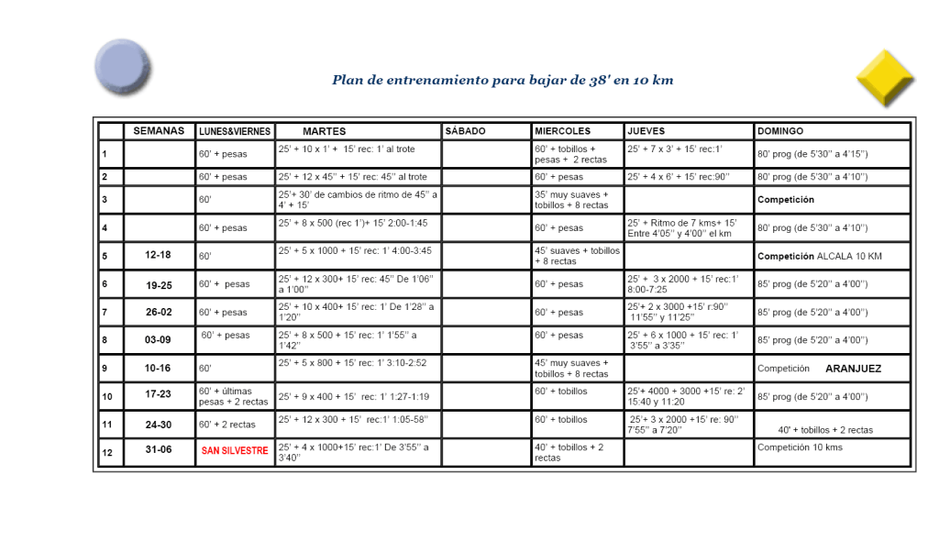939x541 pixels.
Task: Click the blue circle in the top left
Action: pyautogui.click(x=122, y=67)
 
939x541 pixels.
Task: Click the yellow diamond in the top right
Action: pyautogui.click(x=885, y=79)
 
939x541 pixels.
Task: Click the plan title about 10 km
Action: pyautogui.click(x=503, y=80)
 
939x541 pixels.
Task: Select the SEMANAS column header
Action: pyautogui.click(x=159, y=131)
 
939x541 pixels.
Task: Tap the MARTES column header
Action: pyautogui.click(x=324, y=131)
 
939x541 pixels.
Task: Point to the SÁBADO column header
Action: pyautogui.click(x=465, y=131)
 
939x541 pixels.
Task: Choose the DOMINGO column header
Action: pyautogui.click(x=780, y=131)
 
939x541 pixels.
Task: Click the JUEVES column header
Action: pyautogui.click(x=646, y=131)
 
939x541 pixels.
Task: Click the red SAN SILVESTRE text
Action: pyautogui.click(x=235, y=450)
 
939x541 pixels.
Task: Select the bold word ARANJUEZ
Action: pyautogui.click(x=853, y=369)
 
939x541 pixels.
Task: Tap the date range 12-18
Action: pyautogui.click(x=159, y=256)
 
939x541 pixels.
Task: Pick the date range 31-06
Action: pyautogui.click(x=159, y=450)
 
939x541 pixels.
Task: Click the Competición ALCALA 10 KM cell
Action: pyautogui.click(x=818, y=256)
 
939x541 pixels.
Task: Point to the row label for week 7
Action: pyautogui.click(x=110, y=312)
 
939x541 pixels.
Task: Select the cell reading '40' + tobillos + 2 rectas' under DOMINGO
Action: pyautogui.click(x=825, y=429)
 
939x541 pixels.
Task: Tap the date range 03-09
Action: pyautogui.click(x=159, y=340)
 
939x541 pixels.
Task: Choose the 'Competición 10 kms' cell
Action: pyautogui.click(x=800, y=447)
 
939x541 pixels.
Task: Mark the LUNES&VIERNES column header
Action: pyautogui.click(x=235, y=131)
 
